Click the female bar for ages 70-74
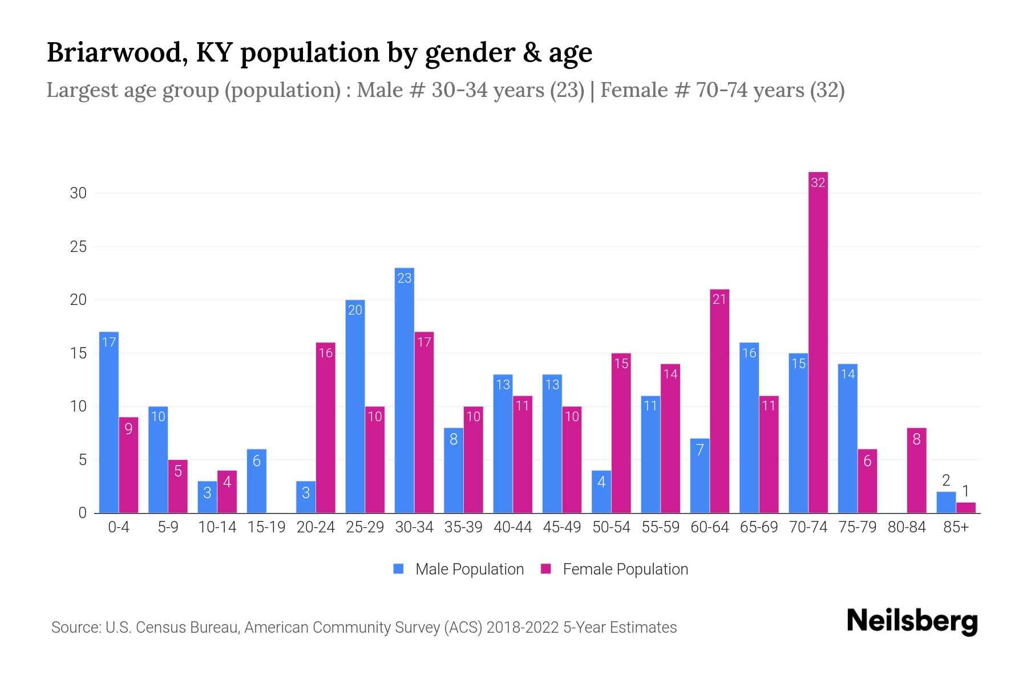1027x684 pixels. [x=818, y=342]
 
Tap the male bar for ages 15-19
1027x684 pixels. [x=256, y=481]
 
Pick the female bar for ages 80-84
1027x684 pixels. [x=916, y=470]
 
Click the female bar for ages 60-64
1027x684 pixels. [x=719, y=401]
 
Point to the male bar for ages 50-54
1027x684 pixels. [x=601, y=491]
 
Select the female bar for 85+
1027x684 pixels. [x=966, y=507]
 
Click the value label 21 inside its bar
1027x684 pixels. [x=719, y=299]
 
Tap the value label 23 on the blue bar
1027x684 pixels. [x=404, y=278]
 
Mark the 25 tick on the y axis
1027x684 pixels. [x=79, y=247]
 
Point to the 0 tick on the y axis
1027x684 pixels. [x=83, y=513]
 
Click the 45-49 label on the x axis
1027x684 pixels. [x=562, y=527]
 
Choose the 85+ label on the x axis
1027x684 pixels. [x=956, y=527]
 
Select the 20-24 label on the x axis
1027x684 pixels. [x=316, y=527]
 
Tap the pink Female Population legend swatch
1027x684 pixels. [x=546, y=569]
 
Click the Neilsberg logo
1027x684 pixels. [x=912, y=621]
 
